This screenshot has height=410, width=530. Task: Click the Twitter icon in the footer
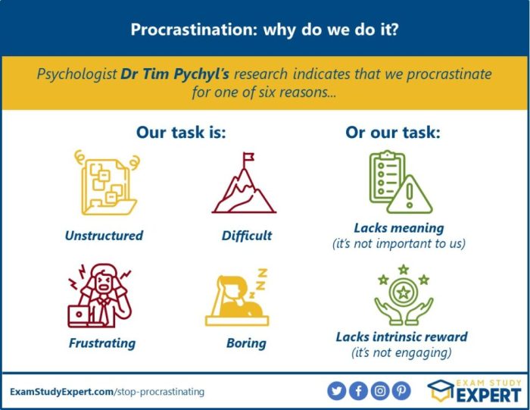pos(337,391)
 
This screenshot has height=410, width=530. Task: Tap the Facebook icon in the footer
pos(359,391)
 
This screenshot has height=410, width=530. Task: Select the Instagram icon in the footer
pos(380,391)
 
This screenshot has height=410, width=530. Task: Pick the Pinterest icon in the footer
pos(401,391)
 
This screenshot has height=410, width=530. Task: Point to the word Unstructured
pos(104,235)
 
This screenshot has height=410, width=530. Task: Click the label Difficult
pos(247,235)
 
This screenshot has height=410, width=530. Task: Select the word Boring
pos(246,343)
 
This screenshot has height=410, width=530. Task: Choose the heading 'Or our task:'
pos(393,132)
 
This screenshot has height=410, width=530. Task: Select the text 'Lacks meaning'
pos(399,227)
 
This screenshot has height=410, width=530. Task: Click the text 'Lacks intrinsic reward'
pos(401,336)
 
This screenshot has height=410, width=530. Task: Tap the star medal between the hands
pos(404,291)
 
